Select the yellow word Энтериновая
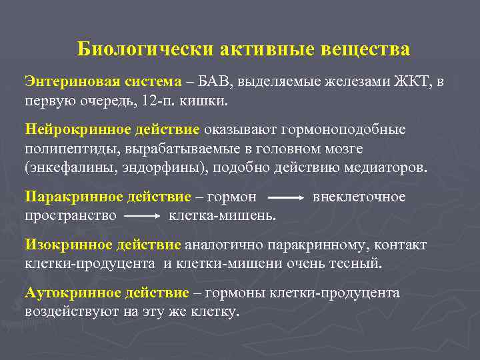64,81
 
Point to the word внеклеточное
359,197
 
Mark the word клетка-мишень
222,215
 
